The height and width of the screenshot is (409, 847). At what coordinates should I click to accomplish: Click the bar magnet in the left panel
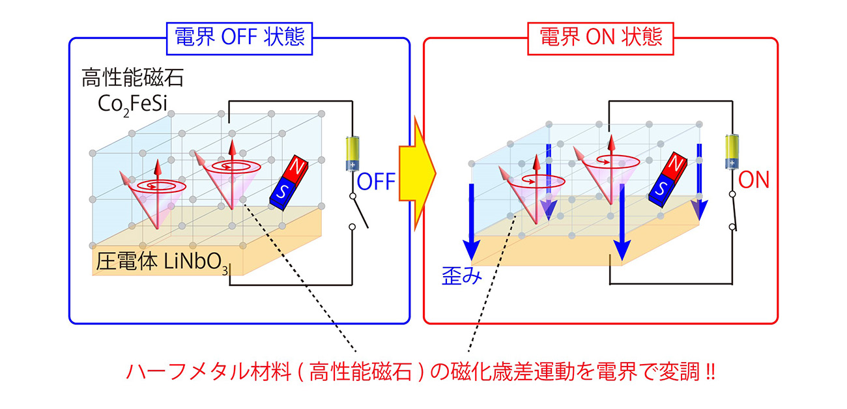(x=289, y=183)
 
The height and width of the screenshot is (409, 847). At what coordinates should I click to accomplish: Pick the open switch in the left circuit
(x=358, y=211)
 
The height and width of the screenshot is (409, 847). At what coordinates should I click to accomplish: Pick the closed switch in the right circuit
(x=734, y=210)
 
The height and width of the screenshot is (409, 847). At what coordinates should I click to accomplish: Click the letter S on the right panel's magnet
(x=661, y=190)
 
